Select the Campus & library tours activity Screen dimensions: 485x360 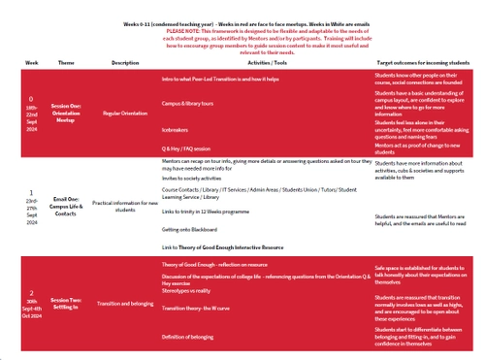point(191,102)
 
